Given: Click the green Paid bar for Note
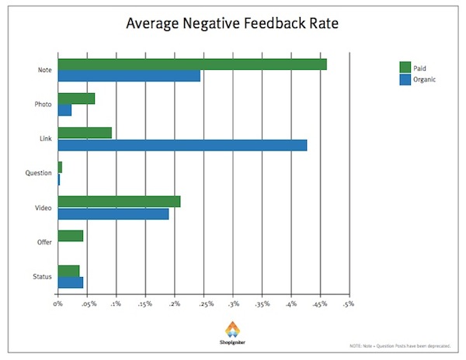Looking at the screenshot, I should [x=192, y=64].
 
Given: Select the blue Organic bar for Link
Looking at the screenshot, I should [x=183, y=145].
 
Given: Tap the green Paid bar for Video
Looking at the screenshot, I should [x=119, y=202].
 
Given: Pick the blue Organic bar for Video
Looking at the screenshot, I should [x=113, y=213].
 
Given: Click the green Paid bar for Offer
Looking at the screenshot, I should [x=71, y=236].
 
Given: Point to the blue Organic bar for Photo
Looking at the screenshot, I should [x=64, y=110].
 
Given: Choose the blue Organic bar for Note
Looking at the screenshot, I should [x=129, y=75].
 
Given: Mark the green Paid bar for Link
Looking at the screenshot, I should [x=85, y=133].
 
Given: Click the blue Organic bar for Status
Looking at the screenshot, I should [x=71, y=282].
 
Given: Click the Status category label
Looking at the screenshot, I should [x=43, y=277].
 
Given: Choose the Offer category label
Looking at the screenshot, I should [x=44, y=242].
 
